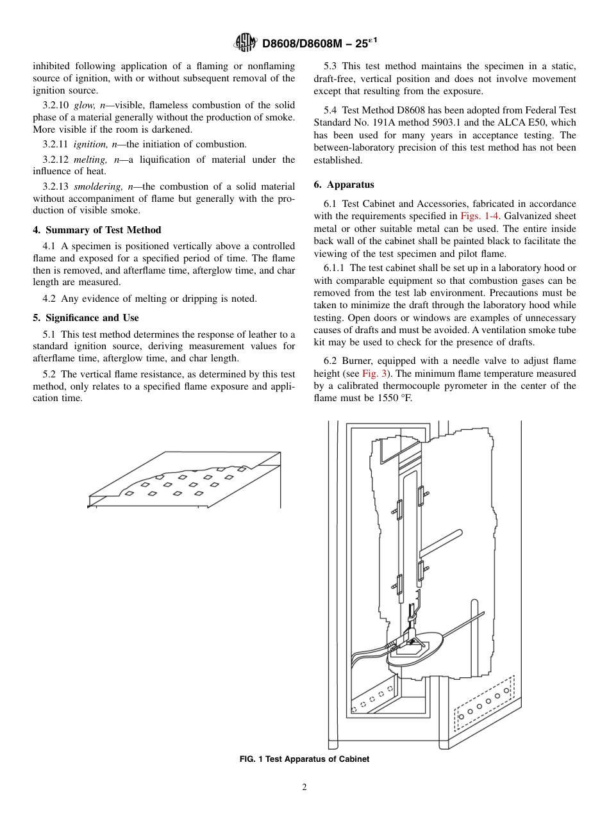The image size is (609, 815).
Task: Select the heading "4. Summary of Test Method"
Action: click(x=97, y=230)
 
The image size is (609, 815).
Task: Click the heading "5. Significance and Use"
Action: click(x=86, y=318)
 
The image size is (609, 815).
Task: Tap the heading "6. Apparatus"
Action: click(x=344, y=185)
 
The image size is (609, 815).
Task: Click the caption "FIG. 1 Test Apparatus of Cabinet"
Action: click(x=304, y=759)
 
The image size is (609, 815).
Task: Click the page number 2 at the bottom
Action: click(x=304, y=787)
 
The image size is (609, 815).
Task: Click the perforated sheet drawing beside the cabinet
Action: click(x=185, y=481)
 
